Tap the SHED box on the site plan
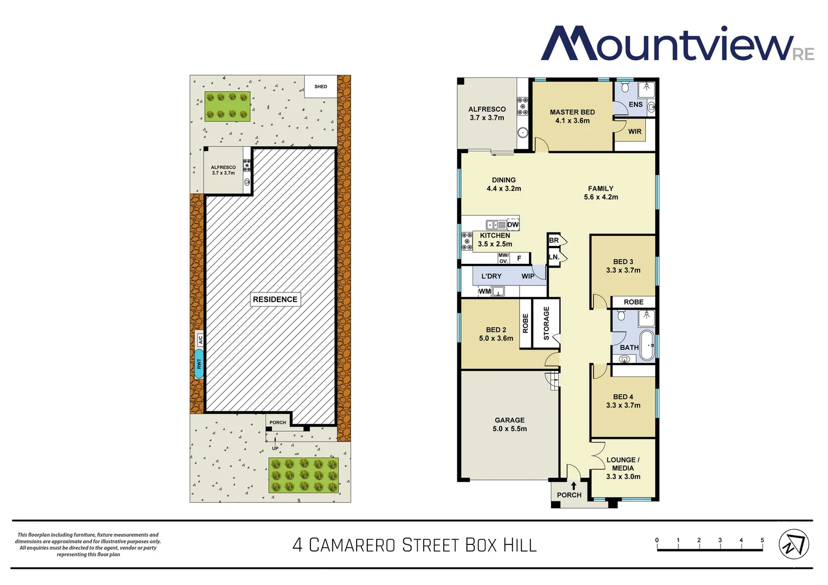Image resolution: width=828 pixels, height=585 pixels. (x=321, y=87)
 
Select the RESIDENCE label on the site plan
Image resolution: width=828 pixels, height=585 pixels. (x=275, y=300)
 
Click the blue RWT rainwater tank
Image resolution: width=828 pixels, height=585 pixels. (x=199, y=363)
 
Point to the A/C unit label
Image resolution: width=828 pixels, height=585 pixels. (x=200, y=340)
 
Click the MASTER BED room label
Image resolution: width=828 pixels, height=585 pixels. (x=572, y=116)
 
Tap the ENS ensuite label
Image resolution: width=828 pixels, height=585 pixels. (x=635, y=105)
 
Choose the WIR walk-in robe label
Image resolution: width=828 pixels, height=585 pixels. (x=635, y=132)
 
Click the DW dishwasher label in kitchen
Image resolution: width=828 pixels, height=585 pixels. (x=513, y=225)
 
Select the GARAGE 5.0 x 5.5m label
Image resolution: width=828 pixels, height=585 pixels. (x=509, y=424)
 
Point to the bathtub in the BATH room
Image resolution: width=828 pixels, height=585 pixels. (x=647, y=345)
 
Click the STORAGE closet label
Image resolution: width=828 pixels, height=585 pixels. (x=546, y=323)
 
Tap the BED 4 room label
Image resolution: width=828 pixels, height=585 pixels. (x=623, y=401)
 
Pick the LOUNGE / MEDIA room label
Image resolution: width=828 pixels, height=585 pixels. (x=623, y=468)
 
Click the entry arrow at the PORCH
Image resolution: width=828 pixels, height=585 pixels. (x=573, y=486)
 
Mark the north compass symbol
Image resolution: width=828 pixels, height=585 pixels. (x=794, y=544)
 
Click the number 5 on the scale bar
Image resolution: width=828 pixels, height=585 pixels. (x=762, y=540)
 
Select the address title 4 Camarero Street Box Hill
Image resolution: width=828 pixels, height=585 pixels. (x=415, y=545)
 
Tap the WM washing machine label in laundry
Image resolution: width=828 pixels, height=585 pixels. (x=484, y=291)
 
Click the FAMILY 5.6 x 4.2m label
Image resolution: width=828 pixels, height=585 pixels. (x=600, y=193)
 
